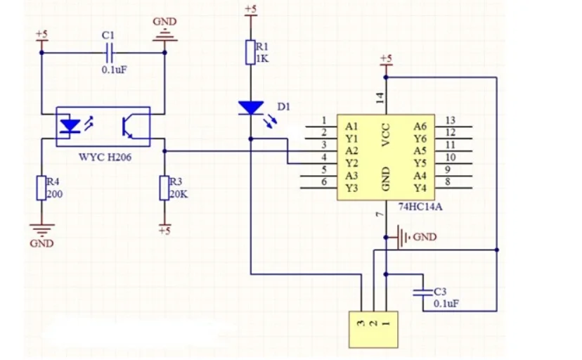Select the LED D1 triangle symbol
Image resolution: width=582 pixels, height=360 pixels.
coord(250,108)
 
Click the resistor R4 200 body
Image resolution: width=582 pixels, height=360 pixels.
coord(41,188)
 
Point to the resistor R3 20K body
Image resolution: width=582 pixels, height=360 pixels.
coord(164,188)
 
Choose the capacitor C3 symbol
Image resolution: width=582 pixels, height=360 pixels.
coord(422,294)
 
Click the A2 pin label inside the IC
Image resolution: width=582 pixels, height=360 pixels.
coord(353,150)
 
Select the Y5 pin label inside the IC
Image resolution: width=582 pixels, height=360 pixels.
coord(420,163)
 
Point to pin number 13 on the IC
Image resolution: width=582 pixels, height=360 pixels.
coord(451,120)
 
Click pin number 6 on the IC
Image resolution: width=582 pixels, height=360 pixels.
coord(324,182)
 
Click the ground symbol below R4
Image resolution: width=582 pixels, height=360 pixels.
coord(41,229)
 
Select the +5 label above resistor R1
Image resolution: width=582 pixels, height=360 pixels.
coord(250,9)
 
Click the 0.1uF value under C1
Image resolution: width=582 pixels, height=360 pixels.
coord(113,70)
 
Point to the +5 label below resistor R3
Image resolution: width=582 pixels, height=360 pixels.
coord(164,230)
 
